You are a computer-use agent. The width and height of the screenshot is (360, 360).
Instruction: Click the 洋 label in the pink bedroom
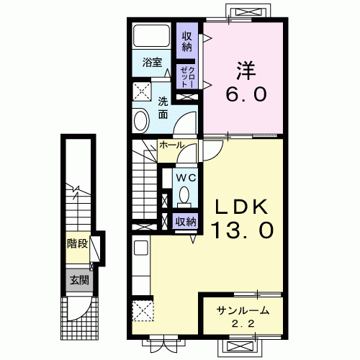pos(246,71)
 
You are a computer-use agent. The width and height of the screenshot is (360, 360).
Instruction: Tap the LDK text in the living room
pos(242,207)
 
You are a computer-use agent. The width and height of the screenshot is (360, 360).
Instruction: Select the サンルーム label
pos(243,310)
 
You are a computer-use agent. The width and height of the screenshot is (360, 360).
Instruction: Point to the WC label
pos(186,178)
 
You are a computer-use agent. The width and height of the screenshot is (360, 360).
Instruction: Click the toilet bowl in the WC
pos(184,194)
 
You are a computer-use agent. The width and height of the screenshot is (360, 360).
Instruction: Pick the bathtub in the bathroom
pos(152,36)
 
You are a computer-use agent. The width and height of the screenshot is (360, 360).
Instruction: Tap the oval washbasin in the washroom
pos(140,120)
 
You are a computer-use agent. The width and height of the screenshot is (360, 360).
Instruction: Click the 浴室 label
pos(152,63)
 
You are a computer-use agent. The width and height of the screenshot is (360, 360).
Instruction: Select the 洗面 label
pos(163,109)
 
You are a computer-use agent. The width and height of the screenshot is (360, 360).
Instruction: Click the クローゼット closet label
pos(188,77)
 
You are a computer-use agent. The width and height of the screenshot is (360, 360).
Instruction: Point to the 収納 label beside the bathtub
pos(187,42)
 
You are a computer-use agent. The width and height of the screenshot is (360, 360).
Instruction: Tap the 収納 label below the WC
pos(186,222)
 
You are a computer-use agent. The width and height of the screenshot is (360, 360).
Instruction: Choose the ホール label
pos(171,145)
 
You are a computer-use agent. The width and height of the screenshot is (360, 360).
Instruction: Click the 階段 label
pos(77,244)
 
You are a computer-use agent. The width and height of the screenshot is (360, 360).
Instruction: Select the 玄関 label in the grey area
pos(79,280)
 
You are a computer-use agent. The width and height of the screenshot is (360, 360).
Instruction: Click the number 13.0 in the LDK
pos(242,230)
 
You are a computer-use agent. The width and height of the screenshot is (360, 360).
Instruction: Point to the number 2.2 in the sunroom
pos(243,324)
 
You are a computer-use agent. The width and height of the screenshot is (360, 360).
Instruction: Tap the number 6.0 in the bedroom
pos(246,94)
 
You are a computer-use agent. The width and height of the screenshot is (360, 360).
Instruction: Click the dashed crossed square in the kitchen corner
pos(143,310)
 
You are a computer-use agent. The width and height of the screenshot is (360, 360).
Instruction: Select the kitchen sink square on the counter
pos(140,248)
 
